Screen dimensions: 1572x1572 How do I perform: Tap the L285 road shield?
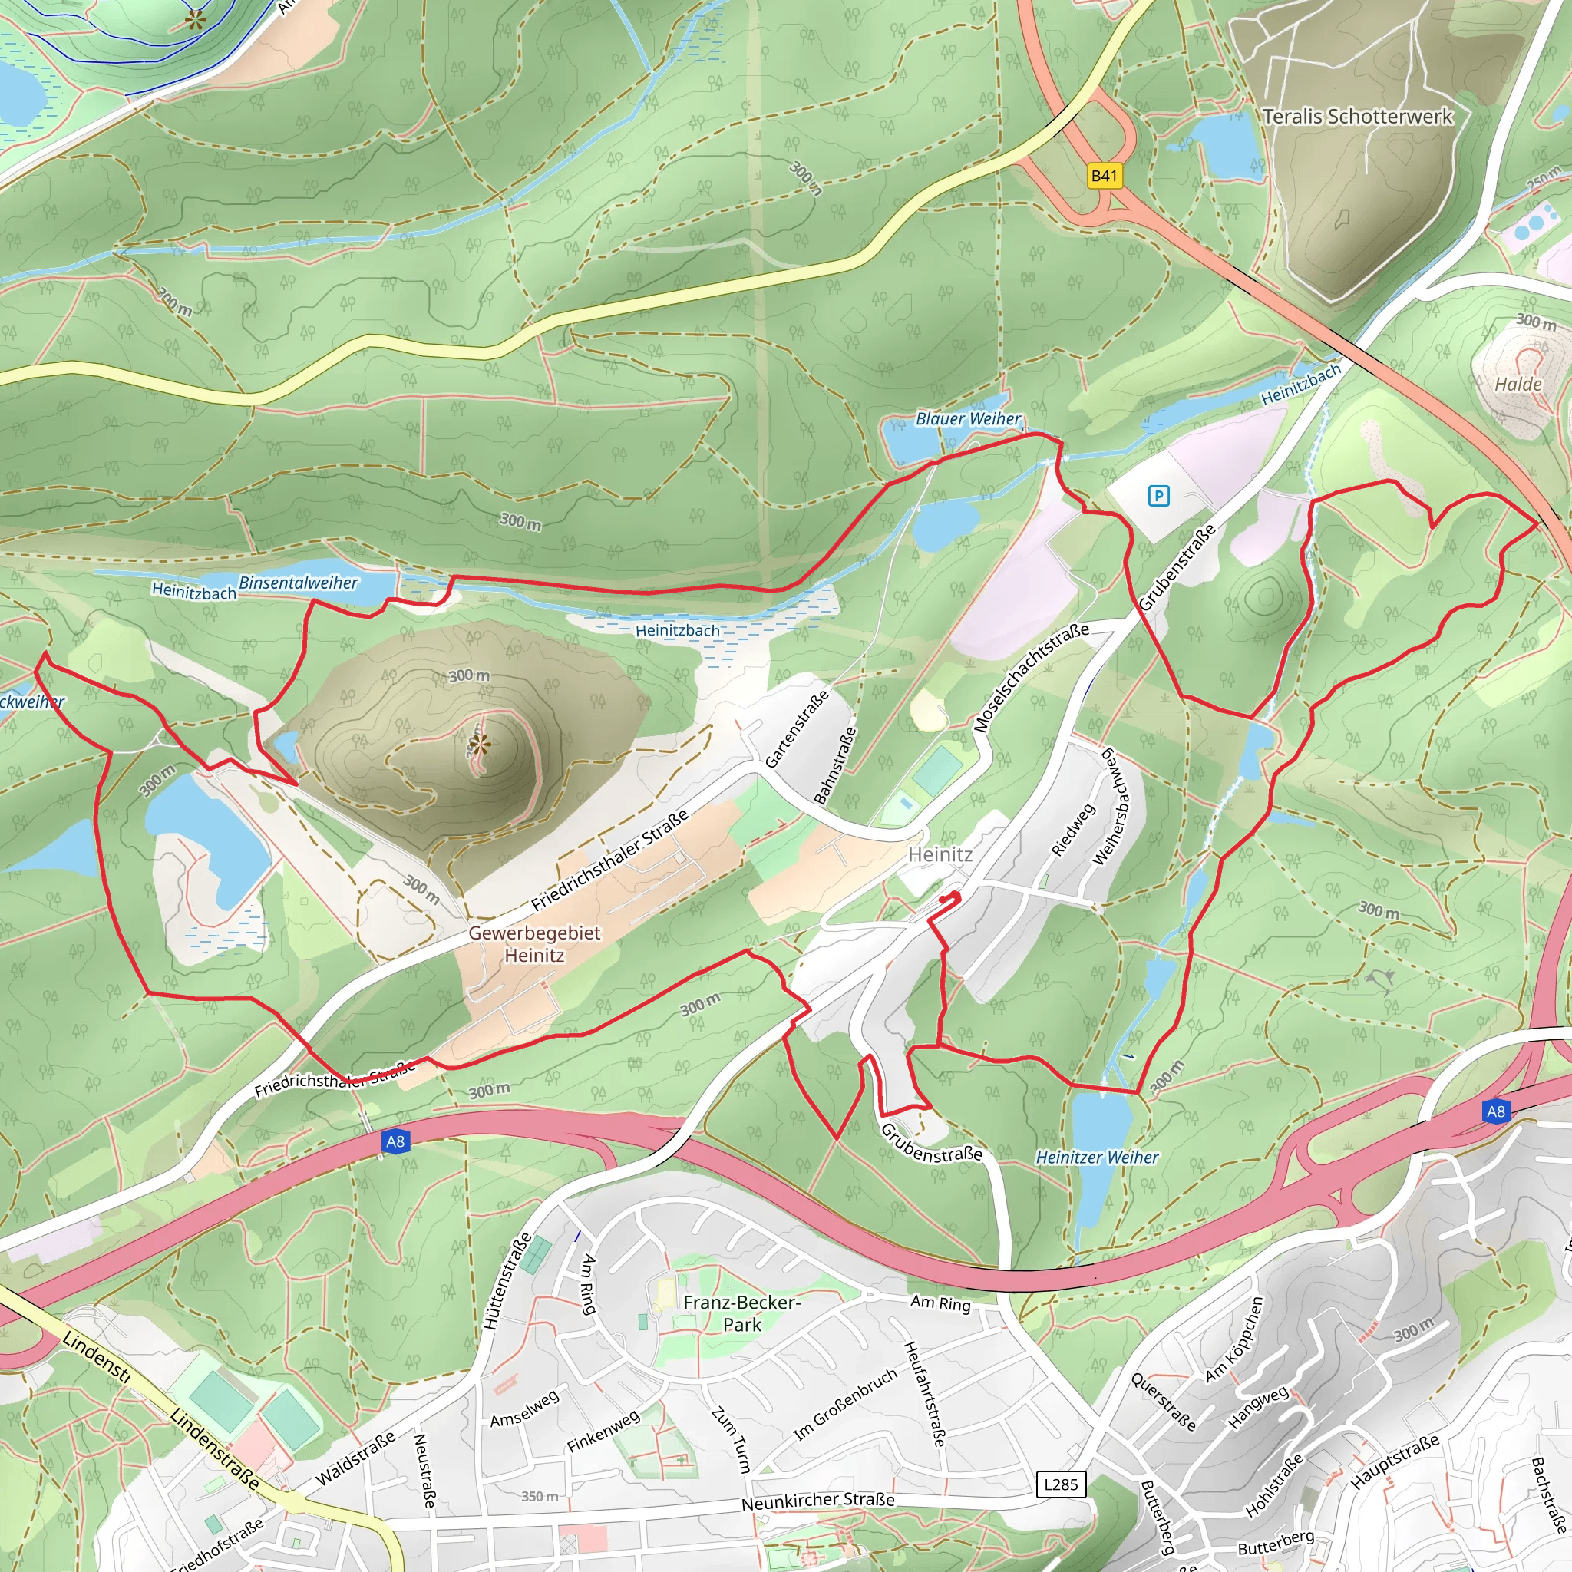click(1061, 1485)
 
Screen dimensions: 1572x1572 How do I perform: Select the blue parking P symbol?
click(1158, 496)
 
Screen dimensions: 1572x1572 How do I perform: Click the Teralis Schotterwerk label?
click(1357, 117)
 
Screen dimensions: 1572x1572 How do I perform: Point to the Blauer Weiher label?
click(967, 419)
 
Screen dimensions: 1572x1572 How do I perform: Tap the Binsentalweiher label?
click(298, 583)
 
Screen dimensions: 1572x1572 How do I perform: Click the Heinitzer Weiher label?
click(1097, 1157)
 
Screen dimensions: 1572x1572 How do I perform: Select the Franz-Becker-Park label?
click(741, 1313)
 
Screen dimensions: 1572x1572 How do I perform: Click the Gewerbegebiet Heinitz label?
click(533, 944)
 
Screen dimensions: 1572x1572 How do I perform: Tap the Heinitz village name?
click(940, 854)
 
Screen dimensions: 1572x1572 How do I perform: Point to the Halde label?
click(1518, 384)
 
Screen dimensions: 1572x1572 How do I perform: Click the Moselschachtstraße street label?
click(1031, 678)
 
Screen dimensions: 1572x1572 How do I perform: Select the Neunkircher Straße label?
click(817, 1501)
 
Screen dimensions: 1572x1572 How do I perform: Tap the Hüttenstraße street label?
click(507, 1282)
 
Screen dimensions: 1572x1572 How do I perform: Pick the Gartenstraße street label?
click(797, 729)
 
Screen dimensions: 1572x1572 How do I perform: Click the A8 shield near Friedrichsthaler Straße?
click(395, 1141)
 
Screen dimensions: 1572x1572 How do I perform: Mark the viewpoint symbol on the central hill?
click(479, 744)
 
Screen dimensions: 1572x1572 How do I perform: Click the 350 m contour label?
click(540, 1496)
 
